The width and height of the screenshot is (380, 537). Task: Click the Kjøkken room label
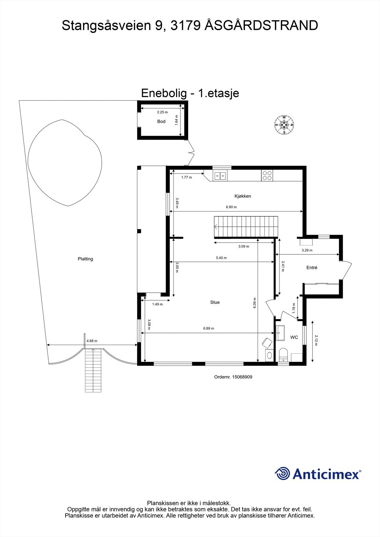[x=243, y=196]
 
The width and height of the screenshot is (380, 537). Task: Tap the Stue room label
[x=215, y=302]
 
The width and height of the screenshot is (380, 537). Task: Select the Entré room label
[x=312, y=267]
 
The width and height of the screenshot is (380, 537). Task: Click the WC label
[x=294, y=337]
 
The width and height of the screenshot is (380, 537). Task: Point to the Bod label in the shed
[x=161, y=121]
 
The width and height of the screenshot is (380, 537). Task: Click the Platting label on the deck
[x=85, y=259]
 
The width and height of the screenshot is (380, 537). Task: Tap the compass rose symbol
[x=284, y=125]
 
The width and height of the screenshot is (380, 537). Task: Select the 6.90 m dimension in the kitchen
[x=231, y=207]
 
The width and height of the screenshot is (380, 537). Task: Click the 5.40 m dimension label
[x=221, y=258]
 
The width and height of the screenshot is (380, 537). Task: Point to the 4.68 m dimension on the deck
[x=92, y=341]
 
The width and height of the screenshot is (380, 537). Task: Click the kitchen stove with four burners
[x=267, y=175]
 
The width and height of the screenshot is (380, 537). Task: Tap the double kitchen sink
[x=220, y=175]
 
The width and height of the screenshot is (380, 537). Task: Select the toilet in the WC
[x=284, y=355]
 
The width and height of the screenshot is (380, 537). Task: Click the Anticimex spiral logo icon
[x=282, y=474]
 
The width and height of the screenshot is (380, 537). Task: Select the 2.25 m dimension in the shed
[x=162, y=112]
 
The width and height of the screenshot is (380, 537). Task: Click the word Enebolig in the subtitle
[x=163, y=93]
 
